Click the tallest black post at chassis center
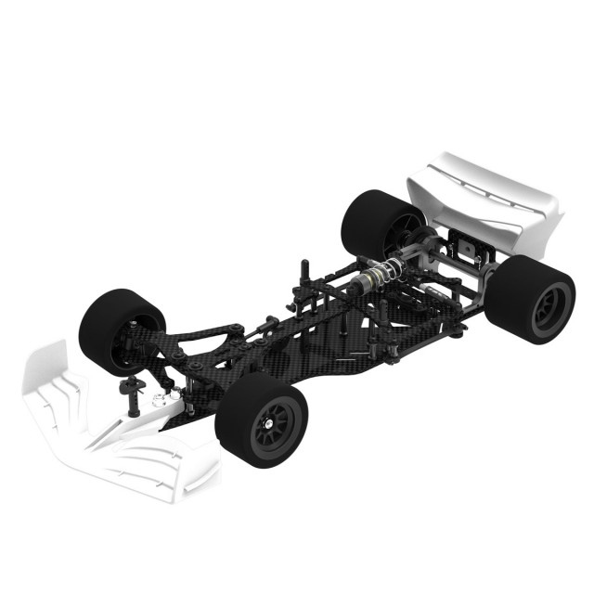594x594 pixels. pos(304,278)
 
